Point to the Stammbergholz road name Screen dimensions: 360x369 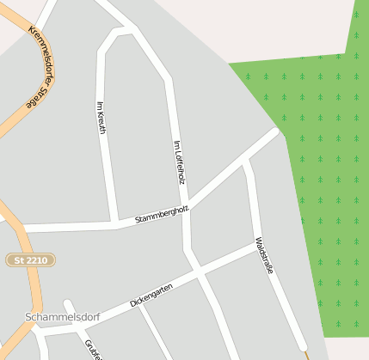[162, 215]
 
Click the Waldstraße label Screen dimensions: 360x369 [264, 256]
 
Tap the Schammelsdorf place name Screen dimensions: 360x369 [62, 317]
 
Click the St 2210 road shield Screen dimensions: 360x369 [31, 259]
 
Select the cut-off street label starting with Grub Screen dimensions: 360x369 [93, 349]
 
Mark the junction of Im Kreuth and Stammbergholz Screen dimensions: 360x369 [116, 224]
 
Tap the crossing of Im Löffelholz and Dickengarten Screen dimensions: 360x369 [199, 272]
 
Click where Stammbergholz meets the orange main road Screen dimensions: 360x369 [19, 229]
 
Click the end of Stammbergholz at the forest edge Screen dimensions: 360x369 [278, 132]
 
